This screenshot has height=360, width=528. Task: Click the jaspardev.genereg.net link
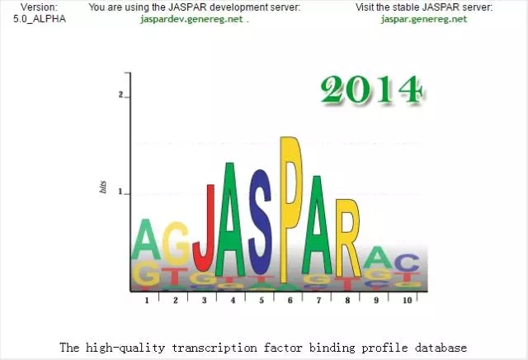point(191,19)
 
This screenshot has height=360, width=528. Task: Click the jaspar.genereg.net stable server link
point(424,19)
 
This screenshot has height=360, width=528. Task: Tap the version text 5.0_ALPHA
point(40,19)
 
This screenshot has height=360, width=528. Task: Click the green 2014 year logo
point(372,89)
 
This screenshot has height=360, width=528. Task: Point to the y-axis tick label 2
point(120,95)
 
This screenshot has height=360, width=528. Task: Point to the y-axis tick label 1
point(120,192)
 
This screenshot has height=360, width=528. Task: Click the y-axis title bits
point(103,187)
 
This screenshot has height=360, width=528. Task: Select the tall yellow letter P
point(291,210)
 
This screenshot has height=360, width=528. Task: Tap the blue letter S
point(261,222)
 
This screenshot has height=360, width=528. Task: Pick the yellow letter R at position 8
point(348,239)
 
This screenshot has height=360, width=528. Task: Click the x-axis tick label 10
point(407,300)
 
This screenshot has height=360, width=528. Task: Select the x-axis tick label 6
point(290,300)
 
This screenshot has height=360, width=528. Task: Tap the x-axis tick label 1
point(147,300)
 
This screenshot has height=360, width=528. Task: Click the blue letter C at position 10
point(407,263)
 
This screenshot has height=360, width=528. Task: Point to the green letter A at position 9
point(379,257)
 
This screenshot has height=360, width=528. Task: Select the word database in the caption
point(441,347)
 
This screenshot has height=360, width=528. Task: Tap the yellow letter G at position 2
point(176,244)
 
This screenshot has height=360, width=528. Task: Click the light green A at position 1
point(146,239)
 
